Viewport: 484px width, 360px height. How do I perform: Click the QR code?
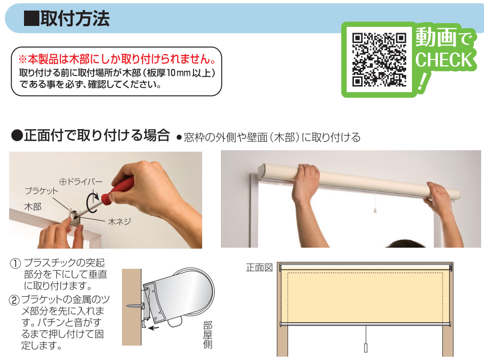click(x=379, y=60)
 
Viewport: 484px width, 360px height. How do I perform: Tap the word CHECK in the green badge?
click(x=444, y=60)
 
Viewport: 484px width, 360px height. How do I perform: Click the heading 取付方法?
click(x=75, y=19)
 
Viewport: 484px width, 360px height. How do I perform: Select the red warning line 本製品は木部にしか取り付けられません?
click(x=117, y=59)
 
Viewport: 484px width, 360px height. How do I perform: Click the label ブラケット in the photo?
click(x=41, y=191)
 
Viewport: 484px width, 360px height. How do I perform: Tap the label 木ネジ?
click(x=120, y=221)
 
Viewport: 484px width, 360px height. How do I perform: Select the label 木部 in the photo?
click(x=33, y=206)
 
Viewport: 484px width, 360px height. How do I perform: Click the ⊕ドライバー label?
click(x=81, y=181)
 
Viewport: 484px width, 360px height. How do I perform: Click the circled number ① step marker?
click(x=15, y=264)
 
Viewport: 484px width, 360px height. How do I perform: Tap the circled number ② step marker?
click(x=14, y=300)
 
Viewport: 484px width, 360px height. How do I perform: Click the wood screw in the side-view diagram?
click(x=135, y=306)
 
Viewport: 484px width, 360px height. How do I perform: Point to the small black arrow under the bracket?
click(x=154, y=328)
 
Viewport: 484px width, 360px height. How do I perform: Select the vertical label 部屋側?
click(x=208, y=335)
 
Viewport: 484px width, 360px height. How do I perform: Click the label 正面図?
click(x=259, y=267)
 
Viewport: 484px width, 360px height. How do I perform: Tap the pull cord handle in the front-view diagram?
click(x=366, y=348)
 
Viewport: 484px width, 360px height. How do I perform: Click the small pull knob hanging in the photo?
click(x=375, y=210)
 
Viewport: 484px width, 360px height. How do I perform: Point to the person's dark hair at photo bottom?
click(x=405, y=243)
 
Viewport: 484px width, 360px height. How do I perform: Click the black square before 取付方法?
click(x=32, y=19)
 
